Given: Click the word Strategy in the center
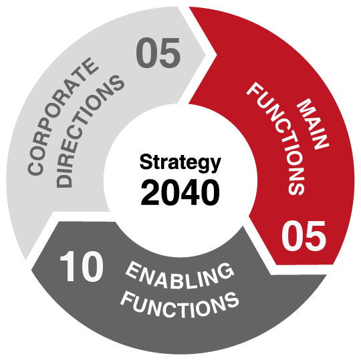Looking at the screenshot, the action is click(180, 164).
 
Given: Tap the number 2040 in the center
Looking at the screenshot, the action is click(180, 192).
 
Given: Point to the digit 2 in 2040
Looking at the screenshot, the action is click(150, 192).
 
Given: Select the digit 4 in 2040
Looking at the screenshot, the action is click(191, 192).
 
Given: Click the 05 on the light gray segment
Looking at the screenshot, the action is click(158, 53).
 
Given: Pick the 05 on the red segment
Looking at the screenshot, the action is click(304, 236).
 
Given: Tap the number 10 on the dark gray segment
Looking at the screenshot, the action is click(81, 266).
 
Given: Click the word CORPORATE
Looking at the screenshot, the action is click(63, 117).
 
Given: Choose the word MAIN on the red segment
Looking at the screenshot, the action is click(313, 124).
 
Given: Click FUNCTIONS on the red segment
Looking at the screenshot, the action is click(276, 140).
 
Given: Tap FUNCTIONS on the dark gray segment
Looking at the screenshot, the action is click(180, 305).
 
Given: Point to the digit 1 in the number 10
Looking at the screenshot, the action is click(68, 266).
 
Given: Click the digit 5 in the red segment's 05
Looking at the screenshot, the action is click(316, 236).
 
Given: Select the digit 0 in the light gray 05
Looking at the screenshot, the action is click(146, 53).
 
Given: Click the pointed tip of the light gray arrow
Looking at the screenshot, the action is click(206, 54).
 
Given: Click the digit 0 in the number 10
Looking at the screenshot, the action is click(92, 266).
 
